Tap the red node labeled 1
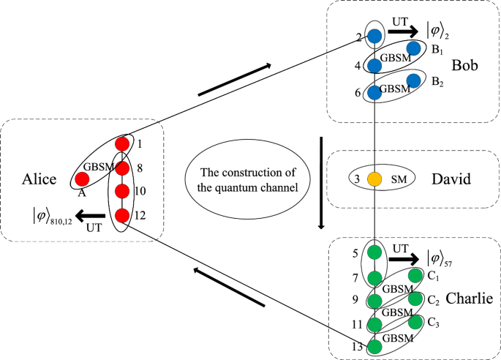click(122, 143)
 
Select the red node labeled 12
click(122, 215)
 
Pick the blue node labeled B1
click(413, 49)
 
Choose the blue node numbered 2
click(375, 35)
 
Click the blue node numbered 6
click(375, 93)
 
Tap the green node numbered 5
click(375, 253)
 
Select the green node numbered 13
click(375, 346)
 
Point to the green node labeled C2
click(416, 299)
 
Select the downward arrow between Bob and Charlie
click(321, 181)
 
